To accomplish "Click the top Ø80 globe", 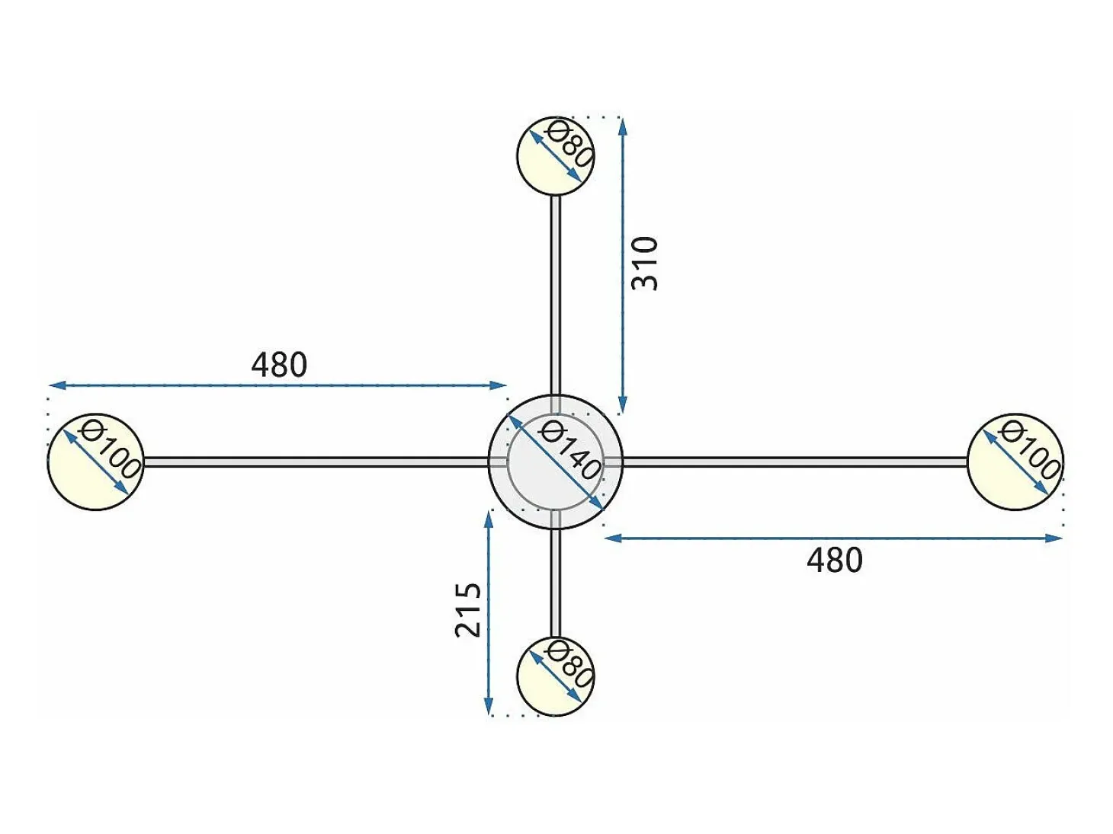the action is tap(555, 155).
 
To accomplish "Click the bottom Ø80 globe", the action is tap(555, 676).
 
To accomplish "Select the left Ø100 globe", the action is tap(95, 462).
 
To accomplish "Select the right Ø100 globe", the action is tap(1015, 462).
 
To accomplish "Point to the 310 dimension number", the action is tap(644, 264).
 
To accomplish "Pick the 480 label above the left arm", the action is tap(279, 365).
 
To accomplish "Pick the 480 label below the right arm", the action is tap(835, 560).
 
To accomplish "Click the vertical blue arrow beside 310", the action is tap(623, 267).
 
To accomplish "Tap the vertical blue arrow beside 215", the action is tap(489, 612).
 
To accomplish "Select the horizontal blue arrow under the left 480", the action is tap(278, 386).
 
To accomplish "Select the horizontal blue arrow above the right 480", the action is tap(833, 538).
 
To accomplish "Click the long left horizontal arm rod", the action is tap(316, 462).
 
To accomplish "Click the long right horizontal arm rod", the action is tap(795, 462).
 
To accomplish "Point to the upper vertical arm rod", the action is tap(556, 295).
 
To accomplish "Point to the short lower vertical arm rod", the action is tap(556, 583).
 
